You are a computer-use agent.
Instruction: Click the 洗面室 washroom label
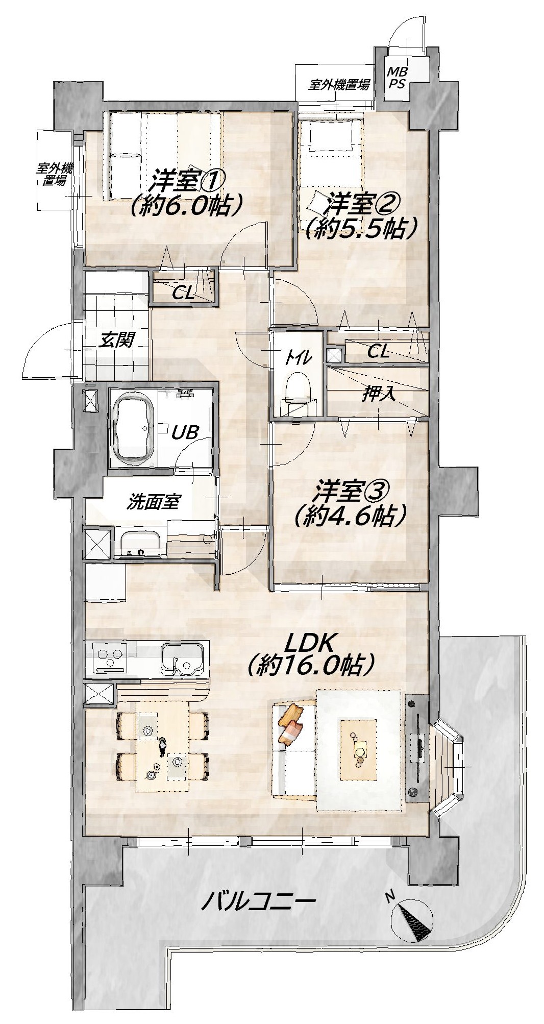pyautogui.click(x=153, y=503)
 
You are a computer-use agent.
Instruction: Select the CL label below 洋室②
pyautogui.click(x=378, y=351)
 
